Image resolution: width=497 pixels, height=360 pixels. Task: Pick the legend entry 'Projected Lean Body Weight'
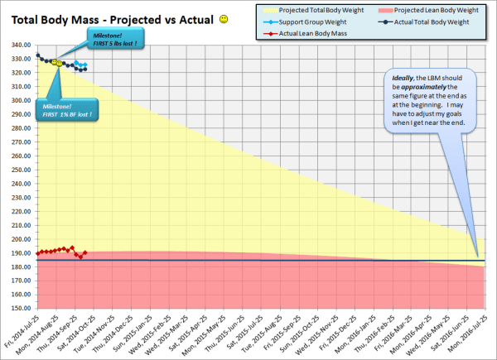click(x=426, y=9)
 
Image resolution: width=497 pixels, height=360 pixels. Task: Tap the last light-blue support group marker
click(x=84, y=64)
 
